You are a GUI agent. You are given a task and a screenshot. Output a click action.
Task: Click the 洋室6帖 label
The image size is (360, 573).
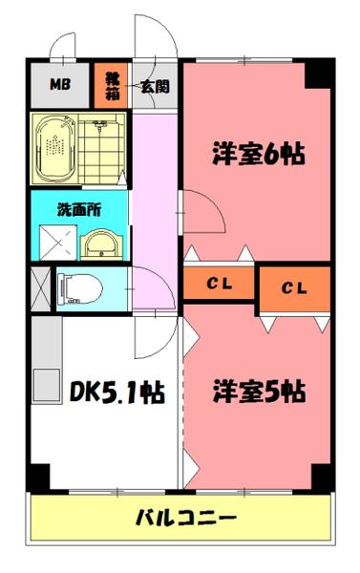coord(257,153)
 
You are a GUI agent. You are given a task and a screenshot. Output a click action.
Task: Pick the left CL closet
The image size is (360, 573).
coord(219,284)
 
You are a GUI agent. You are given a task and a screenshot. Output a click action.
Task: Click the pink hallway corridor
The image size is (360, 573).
coord(153,220)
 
